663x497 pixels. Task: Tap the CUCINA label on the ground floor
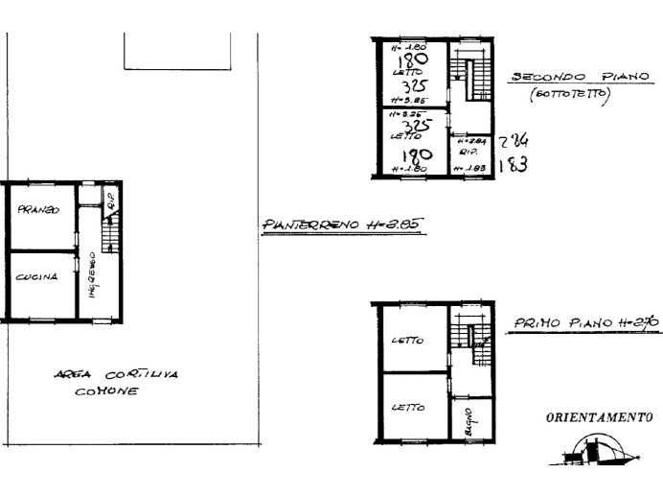click(x=35, y=276)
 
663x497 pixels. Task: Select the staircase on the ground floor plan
click(x=110, y=233)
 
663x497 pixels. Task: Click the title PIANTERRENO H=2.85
click(x=343, y=226)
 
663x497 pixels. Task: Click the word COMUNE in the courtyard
click(x=107, y=391)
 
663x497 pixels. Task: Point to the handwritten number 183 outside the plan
click(x=514, y=164)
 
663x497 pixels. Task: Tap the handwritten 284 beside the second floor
click(x=514, y=141)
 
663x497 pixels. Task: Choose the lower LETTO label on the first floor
click(x=407, y=408)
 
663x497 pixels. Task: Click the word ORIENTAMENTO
click(x=599, y=418)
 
